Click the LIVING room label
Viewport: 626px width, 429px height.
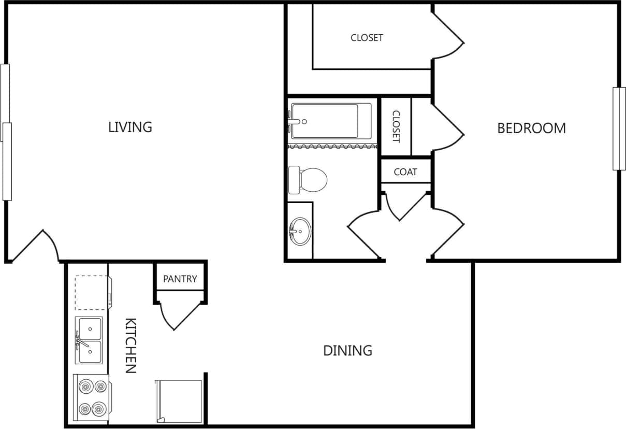[x=130, y=127]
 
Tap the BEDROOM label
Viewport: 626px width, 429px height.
[x=531, y=128]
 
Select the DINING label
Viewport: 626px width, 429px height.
[x=347, y=351]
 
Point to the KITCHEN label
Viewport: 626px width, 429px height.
[x=130, y=346]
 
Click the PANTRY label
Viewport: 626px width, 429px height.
[x=180, y=279]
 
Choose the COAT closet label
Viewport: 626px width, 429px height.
[x=405, y=172]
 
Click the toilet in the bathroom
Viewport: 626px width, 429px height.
[x=308, y=180]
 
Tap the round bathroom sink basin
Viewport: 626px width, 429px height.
[x=300, y=231]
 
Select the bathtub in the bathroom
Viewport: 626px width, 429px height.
[x=330, y=121]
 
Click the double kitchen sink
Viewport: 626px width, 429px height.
[x=89, y=340]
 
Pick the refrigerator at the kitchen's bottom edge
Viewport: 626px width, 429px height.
[x=179, y=401]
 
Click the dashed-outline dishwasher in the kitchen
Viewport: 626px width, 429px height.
[x=91, y=293]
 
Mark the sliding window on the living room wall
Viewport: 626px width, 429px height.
[x=6, y=132]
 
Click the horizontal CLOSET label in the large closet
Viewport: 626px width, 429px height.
[x=367, y=38]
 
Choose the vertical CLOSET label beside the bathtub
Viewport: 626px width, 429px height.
[x=396, y=126]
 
